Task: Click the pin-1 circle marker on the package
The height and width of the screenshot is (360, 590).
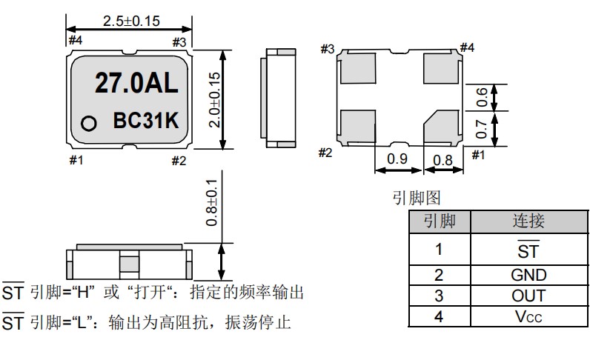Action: point(89,123)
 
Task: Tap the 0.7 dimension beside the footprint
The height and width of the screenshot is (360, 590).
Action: point(483,128)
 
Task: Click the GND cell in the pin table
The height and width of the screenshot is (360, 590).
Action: point(528,275)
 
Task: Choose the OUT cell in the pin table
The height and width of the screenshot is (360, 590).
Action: point(528,296)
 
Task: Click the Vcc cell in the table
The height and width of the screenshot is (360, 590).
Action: point(528,316)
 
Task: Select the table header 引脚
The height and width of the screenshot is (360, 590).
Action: point(439,221)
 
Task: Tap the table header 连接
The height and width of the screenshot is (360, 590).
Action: point(528,221)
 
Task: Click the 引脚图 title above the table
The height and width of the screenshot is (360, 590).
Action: point(417,199)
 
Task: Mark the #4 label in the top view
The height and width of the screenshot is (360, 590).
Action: point(75,39)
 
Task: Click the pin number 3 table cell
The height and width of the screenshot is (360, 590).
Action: point(439,296)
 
